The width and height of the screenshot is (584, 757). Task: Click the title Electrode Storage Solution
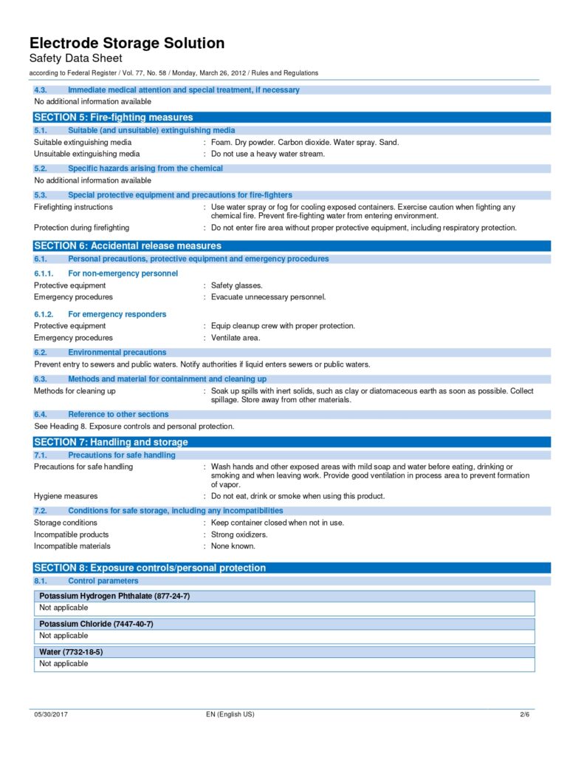click(127, 43)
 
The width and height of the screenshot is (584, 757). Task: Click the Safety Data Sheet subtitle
click(76, 58)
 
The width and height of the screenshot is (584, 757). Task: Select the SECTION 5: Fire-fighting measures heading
click(114, 118)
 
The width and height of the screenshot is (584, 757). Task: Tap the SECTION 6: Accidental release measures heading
click(128, 245)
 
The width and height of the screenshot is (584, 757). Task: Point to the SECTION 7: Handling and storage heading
click(111, 442)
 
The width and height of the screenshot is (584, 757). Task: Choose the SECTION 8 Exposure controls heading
click(150, 568)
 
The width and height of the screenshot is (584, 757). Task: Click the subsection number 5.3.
click(41, 195)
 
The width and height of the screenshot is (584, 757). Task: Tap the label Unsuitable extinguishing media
click(87, 154)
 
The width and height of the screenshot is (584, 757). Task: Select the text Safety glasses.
click(236, 285)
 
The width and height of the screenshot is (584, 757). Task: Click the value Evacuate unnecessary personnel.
click(268, 297)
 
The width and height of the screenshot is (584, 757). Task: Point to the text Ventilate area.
click(236, 338)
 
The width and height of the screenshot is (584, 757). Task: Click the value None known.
click(233, 546)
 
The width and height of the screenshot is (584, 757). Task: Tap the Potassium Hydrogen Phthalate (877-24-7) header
click(114, 596)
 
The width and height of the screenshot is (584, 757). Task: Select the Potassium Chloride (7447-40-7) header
click(96, 624)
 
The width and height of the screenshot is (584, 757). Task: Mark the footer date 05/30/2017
click(51, 715)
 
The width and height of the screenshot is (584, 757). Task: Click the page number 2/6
click(525, 715)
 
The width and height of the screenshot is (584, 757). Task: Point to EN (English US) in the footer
click(230, 715)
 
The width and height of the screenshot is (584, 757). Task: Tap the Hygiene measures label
click(66, 496)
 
